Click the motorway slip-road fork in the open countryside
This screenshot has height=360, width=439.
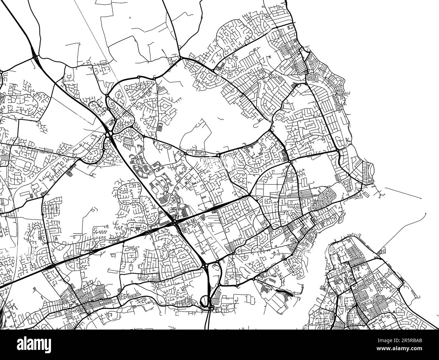[35, 54]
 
